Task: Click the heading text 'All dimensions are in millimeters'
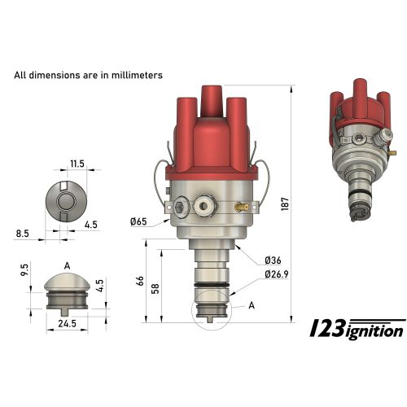[89, 75]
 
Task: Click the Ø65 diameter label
[138, 221]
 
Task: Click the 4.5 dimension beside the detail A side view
[100, 285]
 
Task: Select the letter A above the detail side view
[66, 265]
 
